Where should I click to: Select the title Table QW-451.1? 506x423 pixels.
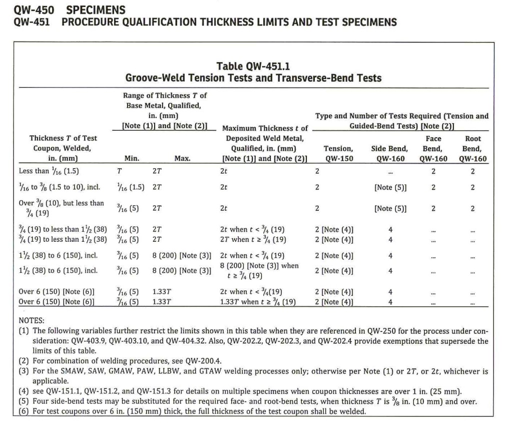(253, 66)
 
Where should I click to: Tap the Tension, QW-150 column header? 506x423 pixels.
(339, 153)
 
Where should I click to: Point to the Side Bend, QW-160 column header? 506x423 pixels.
(389, 153)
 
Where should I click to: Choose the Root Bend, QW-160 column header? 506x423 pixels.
(472, 149)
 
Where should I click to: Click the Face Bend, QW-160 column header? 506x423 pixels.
(433, 149)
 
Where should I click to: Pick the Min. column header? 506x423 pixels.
(132, 159)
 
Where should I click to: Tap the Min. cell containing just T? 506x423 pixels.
(119, 171)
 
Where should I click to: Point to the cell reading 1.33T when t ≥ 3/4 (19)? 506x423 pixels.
(258, 302)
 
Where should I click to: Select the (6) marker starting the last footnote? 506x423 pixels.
(24, 411)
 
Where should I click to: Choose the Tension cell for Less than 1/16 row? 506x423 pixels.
(317, 171)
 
